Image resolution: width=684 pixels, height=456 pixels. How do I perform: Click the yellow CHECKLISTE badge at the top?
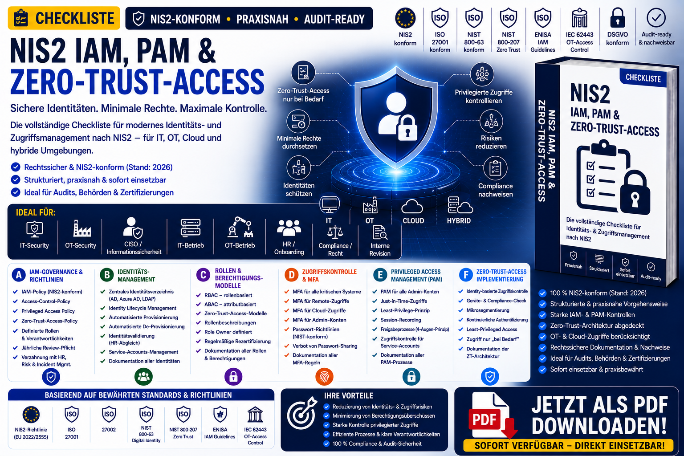(x=64, y=18)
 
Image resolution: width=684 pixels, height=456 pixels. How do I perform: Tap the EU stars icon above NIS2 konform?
(x=405, y=18)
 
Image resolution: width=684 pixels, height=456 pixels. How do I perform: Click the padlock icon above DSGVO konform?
(x=618, y=18)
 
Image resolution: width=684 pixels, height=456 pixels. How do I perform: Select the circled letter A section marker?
(x=19, y=275)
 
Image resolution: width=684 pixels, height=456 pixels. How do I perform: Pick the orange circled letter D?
(x=291, y=275)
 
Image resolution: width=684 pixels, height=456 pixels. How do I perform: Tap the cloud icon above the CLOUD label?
(x=412, y=207)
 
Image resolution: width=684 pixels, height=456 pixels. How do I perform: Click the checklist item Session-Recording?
(x=401, y=320)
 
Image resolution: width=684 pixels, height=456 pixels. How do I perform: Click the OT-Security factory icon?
(x=82, y=228)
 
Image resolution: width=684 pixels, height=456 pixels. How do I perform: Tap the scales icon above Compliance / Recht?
(x=335, y=232)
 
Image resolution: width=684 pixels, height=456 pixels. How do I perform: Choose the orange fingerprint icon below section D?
(x=324, y=377)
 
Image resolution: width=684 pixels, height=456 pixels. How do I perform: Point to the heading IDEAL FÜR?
(x=36, y=212)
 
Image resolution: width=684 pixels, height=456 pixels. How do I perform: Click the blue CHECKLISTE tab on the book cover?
(x=643, y=78)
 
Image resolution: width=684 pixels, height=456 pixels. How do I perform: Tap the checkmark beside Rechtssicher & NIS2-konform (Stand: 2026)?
(x=16, y=167)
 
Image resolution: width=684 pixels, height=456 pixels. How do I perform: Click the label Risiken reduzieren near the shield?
(x=491, y=142)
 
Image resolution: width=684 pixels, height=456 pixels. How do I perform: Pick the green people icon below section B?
(x=143, y=377)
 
